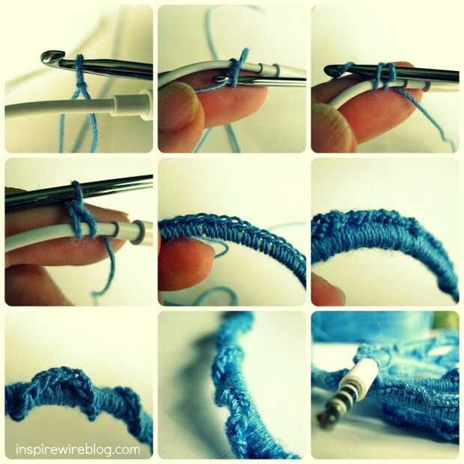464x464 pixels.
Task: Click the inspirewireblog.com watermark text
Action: click(78, 450)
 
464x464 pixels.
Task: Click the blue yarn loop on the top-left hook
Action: click(79, 71)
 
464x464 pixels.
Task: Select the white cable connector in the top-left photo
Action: click(132, 104)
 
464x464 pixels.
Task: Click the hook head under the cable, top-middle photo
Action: click(221, 79)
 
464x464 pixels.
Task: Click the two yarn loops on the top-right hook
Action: click(385, 76)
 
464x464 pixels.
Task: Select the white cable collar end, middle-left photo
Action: click(139, 232)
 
